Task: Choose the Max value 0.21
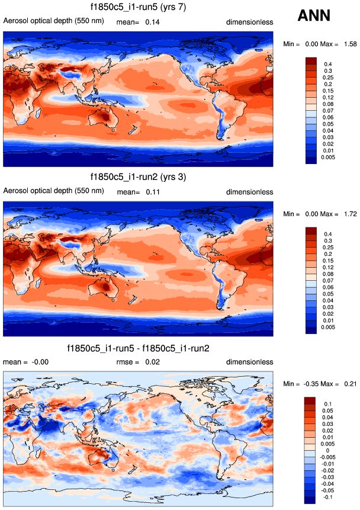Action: tap(350, 384)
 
